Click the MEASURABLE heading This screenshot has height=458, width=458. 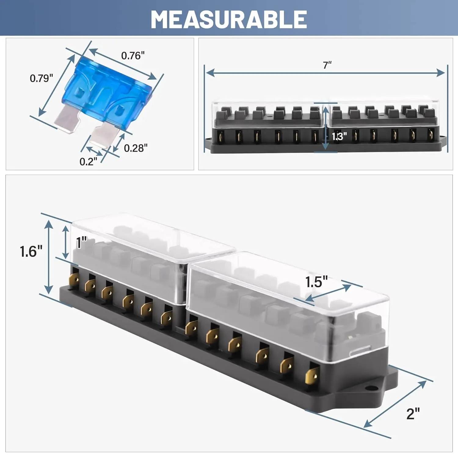tap(229, 19)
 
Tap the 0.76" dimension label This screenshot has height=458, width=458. tap(133, 56)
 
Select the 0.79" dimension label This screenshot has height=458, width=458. tap(41, 78)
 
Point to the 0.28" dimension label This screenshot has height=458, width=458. tap(136, 148)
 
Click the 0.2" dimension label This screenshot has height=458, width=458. tap(88, 162)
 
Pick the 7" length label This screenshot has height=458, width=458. tap(327, 65)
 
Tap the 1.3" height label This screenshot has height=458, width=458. tap(339, 136)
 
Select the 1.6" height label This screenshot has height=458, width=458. tap(31, 251)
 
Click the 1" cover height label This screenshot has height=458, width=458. tap(82, 243)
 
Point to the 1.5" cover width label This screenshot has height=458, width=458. tap(316, 282)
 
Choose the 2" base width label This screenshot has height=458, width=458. tap(413, 414)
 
